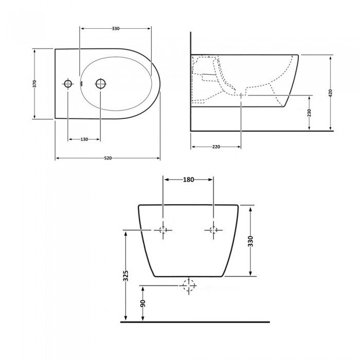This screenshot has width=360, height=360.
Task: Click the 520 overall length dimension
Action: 107,158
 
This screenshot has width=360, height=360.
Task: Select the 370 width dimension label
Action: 34,84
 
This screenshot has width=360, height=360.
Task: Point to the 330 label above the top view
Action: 115,29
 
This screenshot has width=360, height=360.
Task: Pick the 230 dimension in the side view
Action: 309,113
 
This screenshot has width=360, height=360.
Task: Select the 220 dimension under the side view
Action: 216,147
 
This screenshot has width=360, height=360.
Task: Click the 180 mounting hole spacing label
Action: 188,180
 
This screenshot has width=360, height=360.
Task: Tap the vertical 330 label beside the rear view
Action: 251,241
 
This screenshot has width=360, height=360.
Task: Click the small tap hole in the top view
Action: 67,83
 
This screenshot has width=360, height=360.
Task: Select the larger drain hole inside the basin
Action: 100,83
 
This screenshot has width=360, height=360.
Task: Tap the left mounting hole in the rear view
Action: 164,230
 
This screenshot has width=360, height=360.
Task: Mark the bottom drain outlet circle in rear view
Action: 189,284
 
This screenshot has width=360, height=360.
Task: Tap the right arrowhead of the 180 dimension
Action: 211,180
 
